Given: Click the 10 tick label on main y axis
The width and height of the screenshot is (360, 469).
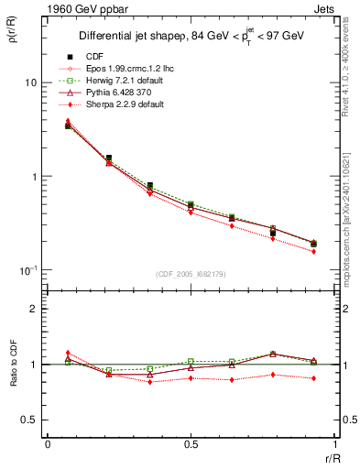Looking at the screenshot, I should [30, 82].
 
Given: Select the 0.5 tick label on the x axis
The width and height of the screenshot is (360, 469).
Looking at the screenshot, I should [191, 445].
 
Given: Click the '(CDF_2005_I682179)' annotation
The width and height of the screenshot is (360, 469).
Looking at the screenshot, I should [191, 274].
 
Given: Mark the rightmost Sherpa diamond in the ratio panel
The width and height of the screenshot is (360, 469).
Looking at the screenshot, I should [314, 378].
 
